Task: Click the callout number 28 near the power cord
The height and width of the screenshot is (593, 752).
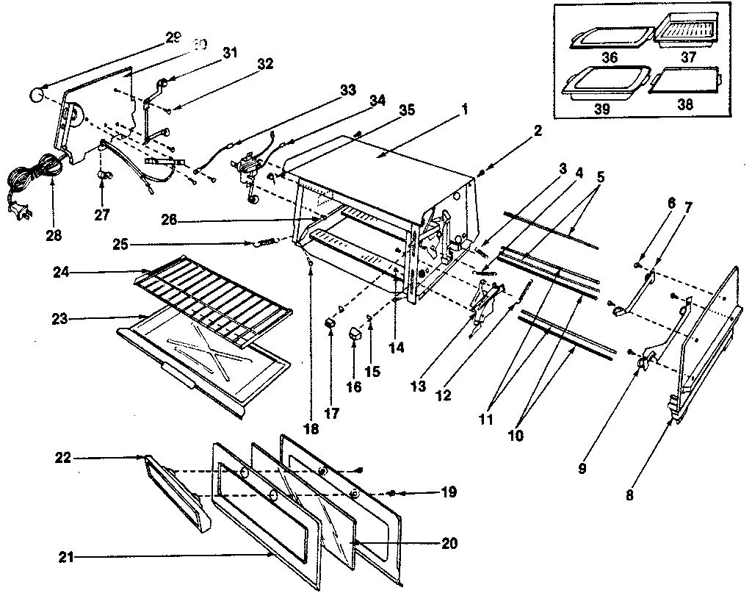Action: pyautogui.click(x=53, y=236)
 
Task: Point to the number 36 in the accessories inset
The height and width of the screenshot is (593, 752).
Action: pyautogui.click(x=609, y=57)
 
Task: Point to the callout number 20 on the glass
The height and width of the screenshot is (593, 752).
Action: pyautogui.click(x=449, y=543)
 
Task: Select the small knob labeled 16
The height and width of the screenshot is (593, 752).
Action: pyautogui.click(x=356, y=335)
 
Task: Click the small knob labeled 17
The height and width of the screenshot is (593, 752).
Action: pyautogui.click(x=331, y=323)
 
